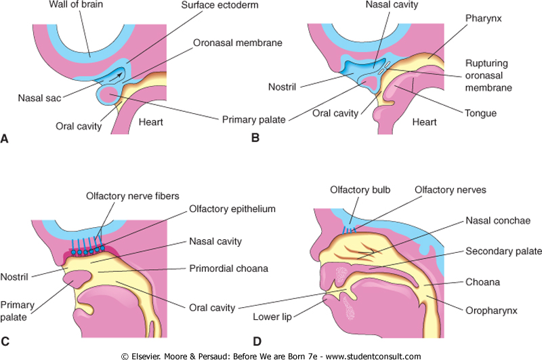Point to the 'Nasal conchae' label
click(x=499, y=221)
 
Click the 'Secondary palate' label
click(x=504, y=251)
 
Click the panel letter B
click(x=255, y=140)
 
